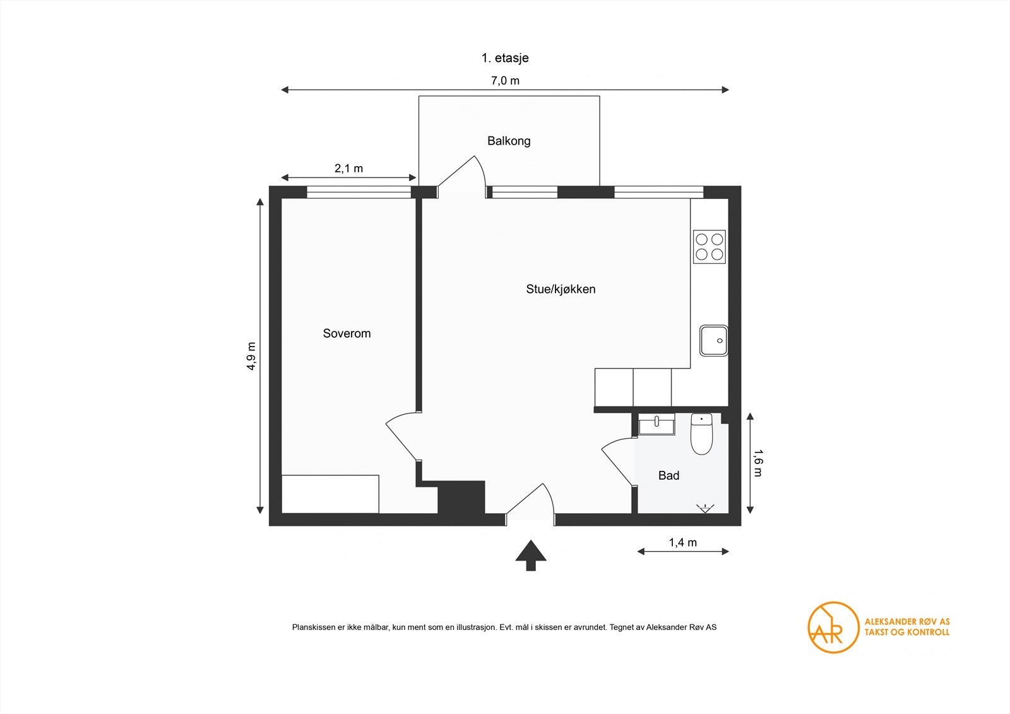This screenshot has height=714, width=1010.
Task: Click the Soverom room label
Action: [x=347, y=333]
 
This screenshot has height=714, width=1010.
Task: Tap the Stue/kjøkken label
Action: [x=561, y=289]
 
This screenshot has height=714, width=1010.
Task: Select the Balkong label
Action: [x=509, y=141]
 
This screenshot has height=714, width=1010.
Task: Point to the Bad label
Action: [x=668, y=475]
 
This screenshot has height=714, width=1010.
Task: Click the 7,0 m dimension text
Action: [x=505, y=81]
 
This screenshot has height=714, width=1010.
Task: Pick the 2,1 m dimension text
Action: [x=348, y=168]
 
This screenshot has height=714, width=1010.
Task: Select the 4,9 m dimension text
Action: [x=251, y=356]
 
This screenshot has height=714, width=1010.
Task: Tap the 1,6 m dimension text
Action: [x=757, y=463]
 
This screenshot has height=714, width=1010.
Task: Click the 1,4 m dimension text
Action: [x=682, y=542]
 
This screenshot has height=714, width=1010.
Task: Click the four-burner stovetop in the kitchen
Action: [x=710, y=247]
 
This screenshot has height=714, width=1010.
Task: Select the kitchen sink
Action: [x=714, y=340]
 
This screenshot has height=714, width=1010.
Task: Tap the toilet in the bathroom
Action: [x=701, y=434]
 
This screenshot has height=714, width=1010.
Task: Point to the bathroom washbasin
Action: [x=656, y=424]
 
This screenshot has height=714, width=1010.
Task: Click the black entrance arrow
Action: [x=531, y=556]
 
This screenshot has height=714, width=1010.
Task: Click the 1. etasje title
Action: [x=505, y=57]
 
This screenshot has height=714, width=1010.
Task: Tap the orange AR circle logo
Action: [x=833, y=628]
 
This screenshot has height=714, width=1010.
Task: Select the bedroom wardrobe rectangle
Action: [x=330, y=494]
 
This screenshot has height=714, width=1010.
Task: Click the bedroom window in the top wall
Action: [x=359, y=192]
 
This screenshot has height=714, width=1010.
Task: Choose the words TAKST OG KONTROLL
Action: [x=906, y=633]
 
